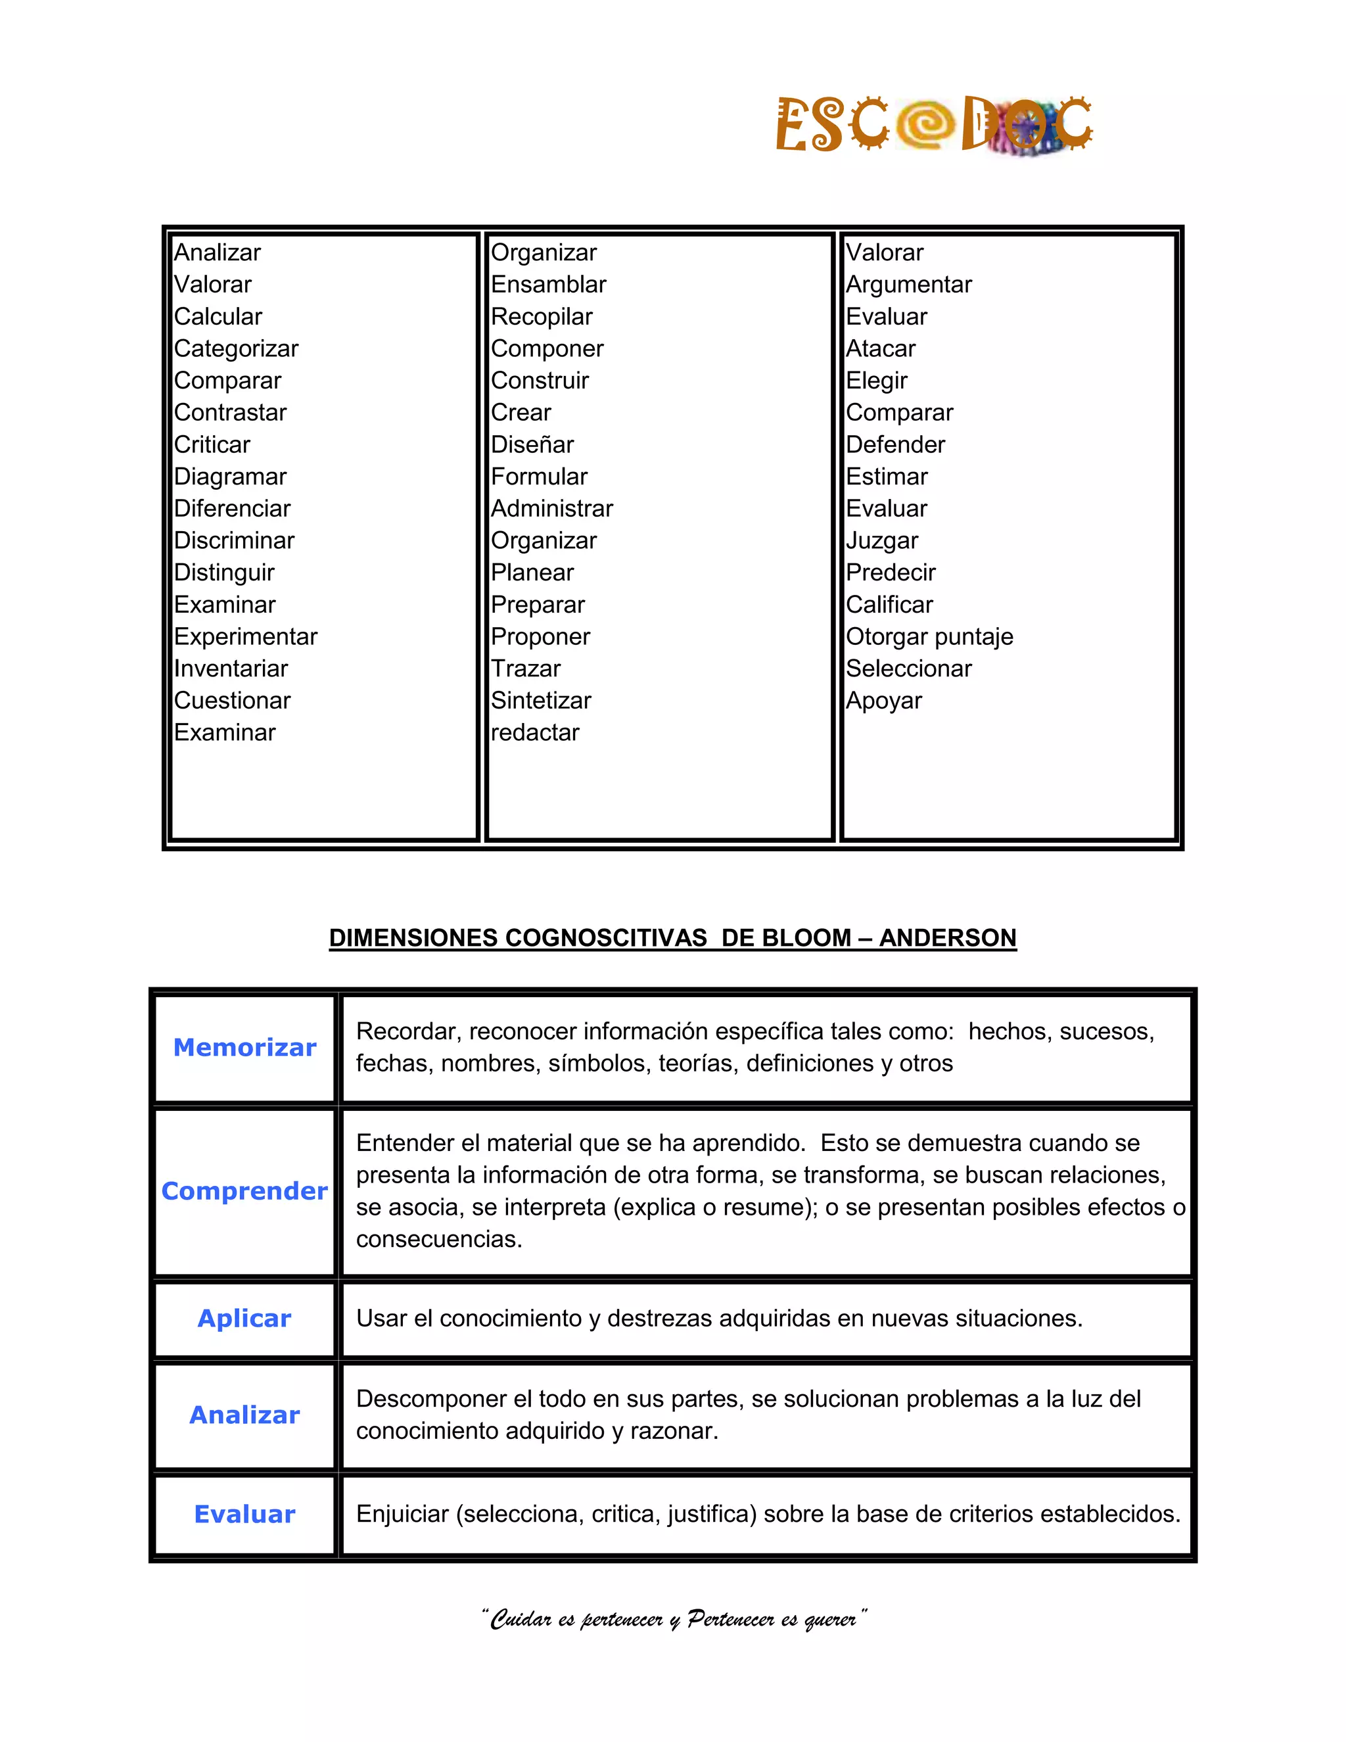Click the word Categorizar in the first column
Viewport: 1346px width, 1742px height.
coord(236,348)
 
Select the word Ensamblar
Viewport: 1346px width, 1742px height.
coord(549,285)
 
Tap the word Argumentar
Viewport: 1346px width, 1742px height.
coord(908,285)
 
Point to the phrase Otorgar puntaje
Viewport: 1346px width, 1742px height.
coord(929,636)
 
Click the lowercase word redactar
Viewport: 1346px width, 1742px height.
coord(535,732)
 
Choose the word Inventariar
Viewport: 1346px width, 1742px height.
coord(231,669)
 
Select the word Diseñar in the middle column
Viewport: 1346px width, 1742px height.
coord(532,444)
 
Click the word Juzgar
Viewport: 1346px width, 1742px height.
coord(882,541)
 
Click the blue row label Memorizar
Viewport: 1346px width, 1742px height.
coord(244,1047)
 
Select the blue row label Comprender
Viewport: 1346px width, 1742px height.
coord(244,1191)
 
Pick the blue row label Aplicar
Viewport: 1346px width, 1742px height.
coord(244,1319)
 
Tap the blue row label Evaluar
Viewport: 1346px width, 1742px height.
coord(244,1514)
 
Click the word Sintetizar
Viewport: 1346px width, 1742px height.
coord(541,700)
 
